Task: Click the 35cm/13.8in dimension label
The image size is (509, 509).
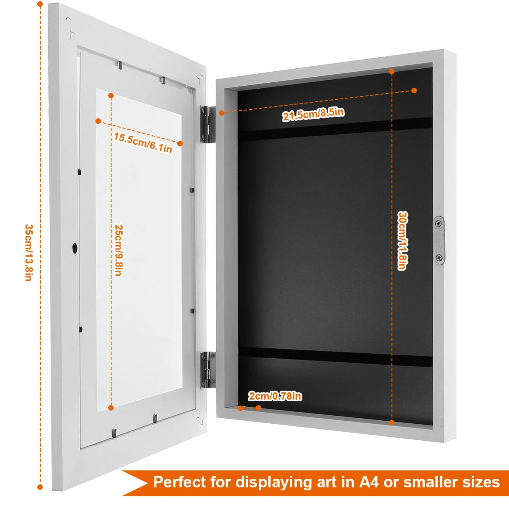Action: point(28,252)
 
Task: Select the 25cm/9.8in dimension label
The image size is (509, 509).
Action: point(118,250)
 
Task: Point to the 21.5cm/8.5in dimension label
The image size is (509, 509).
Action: point(313,114)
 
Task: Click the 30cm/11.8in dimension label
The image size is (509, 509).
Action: point(402,241)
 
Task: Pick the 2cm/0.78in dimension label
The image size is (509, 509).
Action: point(275,396)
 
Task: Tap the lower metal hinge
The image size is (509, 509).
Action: point(207,369)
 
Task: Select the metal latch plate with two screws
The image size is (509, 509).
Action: point(439,240)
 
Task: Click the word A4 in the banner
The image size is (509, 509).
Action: point(369,482)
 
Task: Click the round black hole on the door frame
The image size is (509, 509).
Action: point(75,248)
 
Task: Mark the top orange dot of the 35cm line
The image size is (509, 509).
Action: point(40,5)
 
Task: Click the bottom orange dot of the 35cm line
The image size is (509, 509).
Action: point(40,487)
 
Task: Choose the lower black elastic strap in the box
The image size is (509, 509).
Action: point(335,355)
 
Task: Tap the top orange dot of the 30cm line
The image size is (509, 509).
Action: point(392,72)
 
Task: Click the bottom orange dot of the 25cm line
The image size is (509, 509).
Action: point(111,408)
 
